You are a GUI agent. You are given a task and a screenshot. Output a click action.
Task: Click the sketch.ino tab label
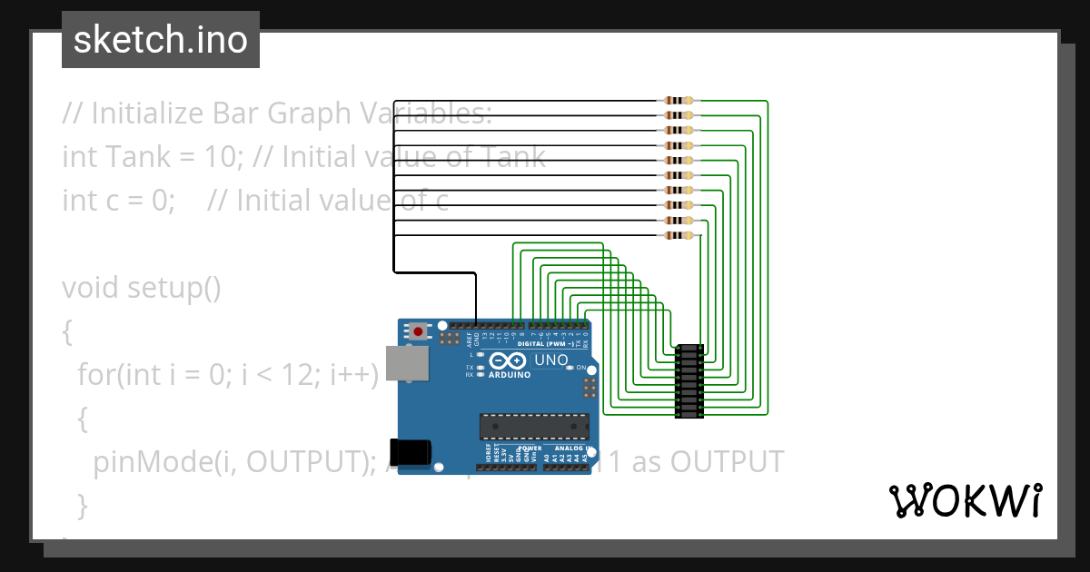pyautogui.click(x=161, y=40)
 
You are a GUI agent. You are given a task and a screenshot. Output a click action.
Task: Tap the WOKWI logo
pyautogui.click(x=965, y=500)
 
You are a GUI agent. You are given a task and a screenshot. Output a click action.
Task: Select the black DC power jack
pyautogui.click(x=408, y=452)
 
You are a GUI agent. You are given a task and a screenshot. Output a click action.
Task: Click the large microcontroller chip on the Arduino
pyautogui.click(x=534, y=426)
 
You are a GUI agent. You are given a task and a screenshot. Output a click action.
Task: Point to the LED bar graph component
pyautogui.click(x=690, y=381)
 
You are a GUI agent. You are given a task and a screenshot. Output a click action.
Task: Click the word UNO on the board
pyautogui.click(x=550, y=360)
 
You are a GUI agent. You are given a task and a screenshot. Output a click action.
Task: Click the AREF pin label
pyautogui.click(x=469, y=340)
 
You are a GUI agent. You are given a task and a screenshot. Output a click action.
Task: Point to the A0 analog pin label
pyautogui.click(x=547, y=458)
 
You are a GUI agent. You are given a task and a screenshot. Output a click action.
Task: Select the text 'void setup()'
pyautogui.click(x=142, y=288)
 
